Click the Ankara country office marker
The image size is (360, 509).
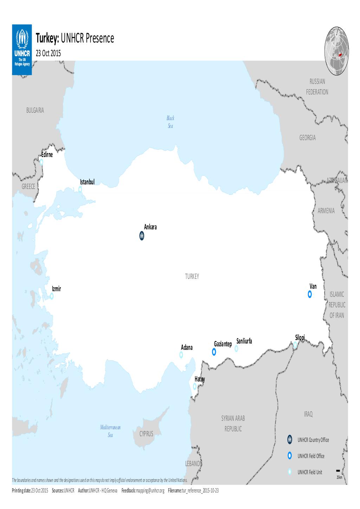pos(141,236)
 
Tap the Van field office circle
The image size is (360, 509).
pos(310,294)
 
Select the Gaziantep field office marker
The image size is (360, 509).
pos(214,352)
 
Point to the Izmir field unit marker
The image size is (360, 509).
pos(52,296)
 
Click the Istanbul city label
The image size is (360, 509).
pos(88,182)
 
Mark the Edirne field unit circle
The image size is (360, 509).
pos(41,162)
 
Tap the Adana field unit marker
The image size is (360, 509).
pos(181,355)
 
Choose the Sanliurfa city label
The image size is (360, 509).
pos(245,341)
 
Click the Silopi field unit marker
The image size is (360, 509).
pos(295,345)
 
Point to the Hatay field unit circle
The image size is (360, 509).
pos(195,386)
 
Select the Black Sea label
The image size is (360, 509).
pos(171,122)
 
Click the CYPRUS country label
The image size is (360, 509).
pos(146,434)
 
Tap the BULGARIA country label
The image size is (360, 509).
pos(35,110)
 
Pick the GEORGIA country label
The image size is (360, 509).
pos(307,138)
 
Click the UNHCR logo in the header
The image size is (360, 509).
pos(22,49)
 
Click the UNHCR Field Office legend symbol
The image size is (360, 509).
pos(289,456)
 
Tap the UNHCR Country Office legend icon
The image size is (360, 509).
pos(289,440)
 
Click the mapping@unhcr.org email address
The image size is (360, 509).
pos(150,490)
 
